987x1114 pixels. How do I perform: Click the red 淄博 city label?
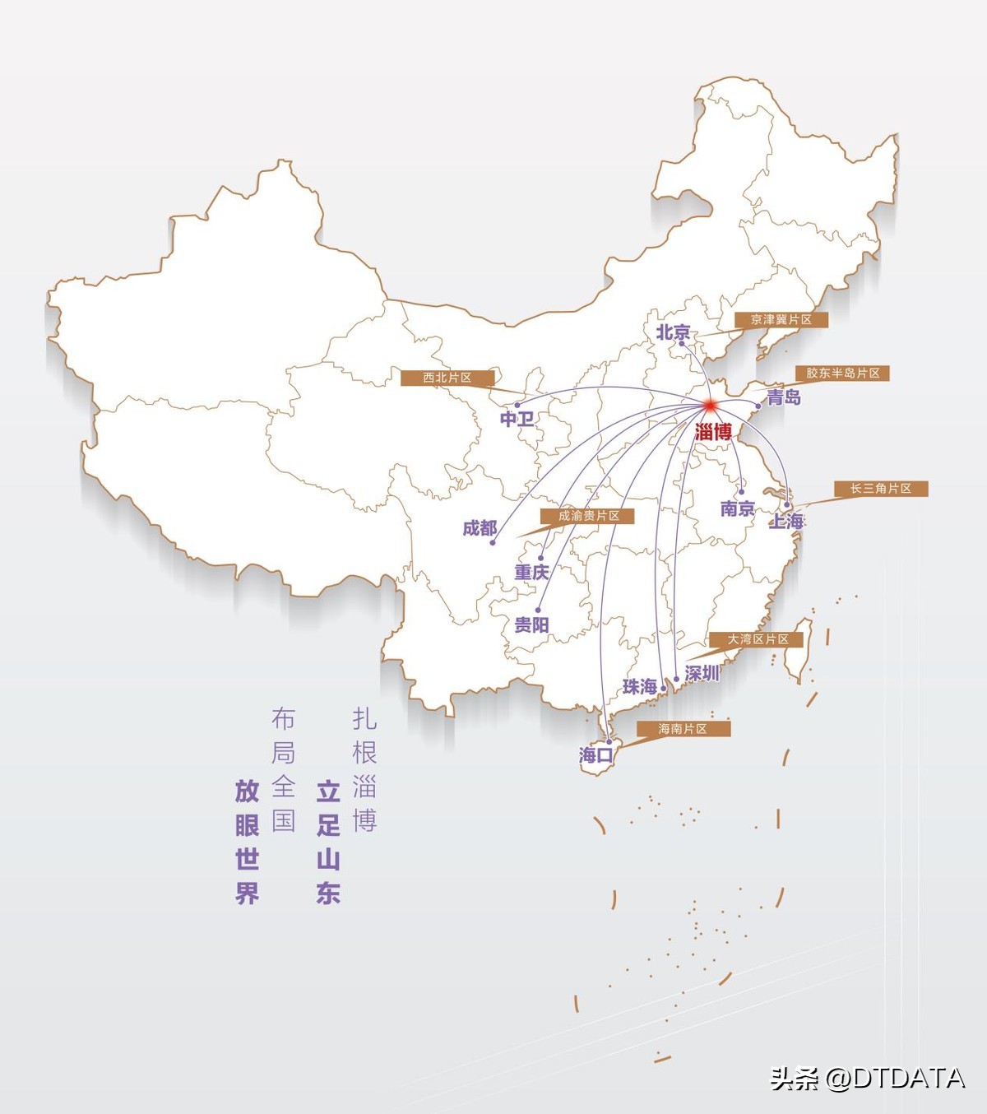tap(712, 431)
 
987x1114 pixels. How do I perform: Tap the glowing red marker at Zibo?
tap(709, 405)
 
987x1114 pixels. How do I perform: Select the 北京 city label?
tap(673, 332)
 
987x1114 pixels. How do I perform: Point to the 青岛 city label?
tap(783, 397)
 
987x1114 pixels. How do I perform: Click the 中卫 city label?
tap(517, 419)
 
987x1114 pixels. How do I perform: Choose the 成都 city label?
tap(480, 528)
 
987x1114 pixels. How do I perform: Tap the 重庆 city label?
tap(531, 572)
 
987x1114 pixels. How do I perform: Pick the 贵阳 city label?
tap(531, 624)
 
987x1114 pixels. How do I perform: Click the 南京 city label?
tap(737, 508)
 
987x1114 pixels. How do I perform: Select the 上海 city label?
tap(786, 521)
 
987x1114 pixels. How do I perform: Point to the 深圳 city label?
tap(702, 673)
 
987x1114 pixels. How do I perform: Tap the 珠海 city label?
tap(639, 686)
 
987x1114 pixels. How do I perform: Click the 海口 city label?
tap(595, 754)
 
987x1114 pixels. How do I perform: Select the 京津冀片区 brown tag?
tap(781, 319)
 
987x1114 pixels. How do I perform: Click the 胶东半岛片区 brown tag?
tap(842, 373)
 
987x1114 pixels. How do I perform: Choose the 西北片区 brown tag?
tap(447, 378)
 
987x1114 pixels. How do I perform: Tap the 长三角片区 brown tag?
tap(881, 489)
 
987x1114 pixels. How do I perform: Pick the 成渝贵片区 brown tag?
tap(588, 516)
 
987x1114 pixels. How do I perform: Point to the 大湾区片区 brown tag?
tap(757, 639)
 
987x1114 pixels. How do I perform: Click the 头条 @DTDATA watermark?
tap(867, 1078)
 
